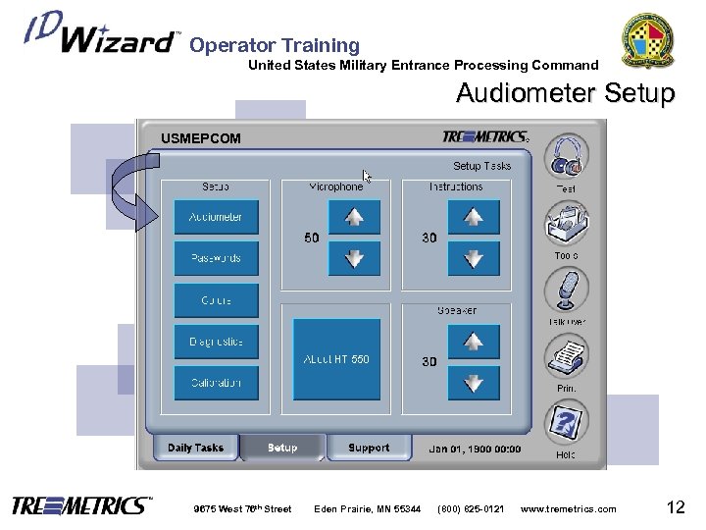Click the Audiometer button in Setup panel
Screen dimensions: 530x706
point(216,217)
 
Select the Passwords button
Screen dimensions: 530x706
point(216,258)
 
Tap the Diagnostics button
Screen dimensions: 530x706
point(216,342)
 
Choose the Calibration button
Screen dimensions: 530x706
point(216,382)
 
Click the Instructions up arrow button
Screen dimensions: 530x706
point(473,218)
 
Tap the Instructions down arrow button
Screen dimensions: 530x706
point(473,259)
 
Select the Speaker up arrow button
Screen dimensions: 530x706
point(473,342)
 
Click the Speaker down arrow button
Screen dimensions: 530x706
point(473,382)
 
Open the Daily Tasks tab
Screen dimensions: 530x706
point(195,448)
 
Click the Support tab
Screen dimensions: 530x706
point(369,448)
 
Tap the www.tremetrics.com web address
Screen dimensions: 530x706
point(569,508)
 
